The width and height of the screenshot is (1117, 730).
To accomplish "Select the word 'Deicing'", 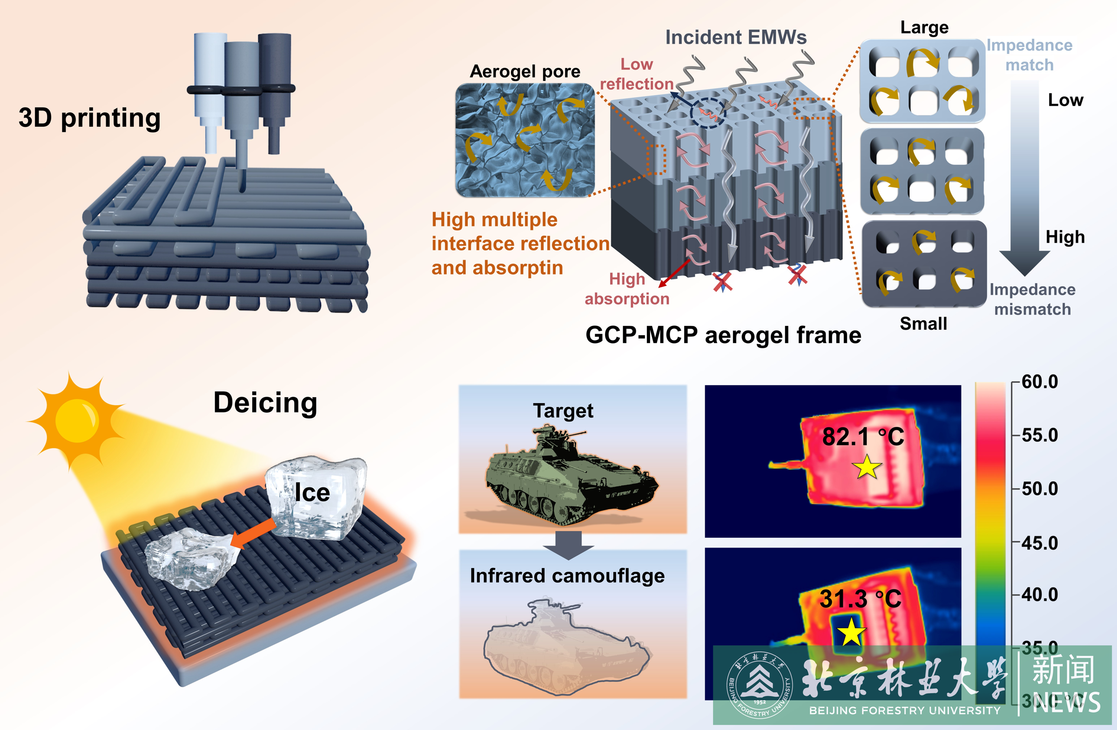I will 265,403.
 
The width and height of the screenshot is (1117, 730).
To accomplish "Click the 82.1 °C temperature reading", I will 862,437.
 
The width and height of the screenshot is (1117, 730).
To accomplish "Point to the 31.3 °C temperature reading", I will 860,599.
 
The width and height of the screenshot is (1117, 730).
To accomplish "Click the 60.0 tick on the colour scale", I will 1039,382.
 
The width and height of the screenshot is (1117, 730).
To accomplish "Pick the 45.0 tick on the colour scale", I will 1039,543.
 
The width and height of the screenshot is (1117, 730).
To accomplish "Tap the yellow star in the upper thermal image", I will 867,467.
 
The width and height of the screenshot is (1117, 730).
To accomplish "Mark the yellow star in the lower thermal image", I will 851,632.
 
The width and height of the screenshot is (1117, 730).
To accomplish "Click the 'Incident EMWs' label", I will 735,37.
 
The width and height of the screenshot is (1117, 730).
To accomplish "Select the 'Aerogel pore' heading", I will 525,71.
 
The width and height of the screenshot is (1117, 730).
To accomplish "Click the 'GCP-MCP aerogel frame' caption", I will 723,335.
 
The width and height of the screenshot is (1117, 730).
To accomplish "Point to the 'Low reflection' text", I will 636,74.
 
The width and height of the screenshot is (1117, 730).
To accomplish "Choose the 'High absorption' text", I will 627,289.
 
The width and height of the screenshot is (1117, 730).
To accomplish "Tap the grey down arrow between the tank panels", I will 568,545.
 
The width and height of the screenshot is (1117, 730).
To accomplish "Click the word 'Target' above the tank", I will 563,411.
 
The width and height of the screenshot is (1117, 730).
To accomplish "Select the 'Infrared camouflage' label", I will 567,575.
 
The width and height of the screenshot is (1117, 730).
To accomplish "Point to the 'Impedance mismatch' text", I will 1032,299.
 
